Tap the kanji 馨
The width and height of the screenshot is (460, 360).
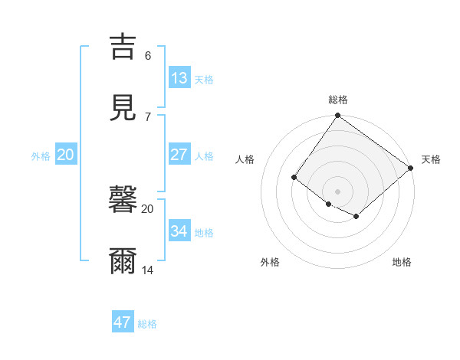[123, 200]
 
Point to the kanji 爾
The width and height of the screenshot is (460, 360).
[123, 261]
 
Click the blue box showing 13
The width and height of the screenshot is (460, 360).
[179, 77]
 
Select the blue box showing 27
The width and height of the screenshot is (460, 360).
[179, 154]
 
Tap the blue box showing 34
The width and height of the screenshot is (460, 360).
[179, 231]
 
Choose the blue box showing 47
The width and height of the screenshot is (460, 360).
[123, 322]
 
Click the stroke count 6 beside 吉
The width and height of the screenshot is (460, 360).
[148, 56]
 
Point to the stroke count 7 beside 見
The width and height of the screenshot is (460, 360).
[148, 117]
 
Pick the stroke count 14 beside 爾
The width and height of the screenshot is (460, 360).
[148, 270]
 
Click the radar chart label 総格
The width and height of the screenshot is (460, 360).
[338, 100]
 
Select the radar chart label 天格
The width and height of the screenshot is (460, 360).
[431, 159]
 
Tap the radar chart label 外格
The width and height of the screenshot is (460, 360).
[270, 263]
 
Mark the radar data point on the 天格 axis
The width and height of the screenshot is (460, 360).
[412, 168]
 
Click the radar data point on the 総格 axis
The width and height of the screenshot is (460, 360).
[338, 116]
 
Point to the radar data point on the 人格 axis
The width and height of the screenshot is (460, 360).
[294, 177]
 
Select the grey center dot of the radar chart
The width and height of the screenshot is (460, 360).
[338, 191]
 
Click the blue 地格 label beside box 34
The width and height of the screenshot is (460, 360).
[204, 232]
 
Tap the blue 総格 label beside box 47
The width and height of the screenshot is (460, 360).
[147, 324]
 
